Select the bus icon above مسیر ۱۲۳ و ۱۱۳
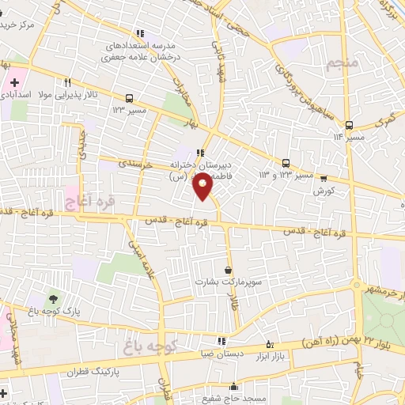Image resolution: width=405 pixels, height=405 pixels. coord(286,164)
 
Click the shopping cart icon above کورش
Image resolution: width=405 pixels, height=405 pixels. coord(323,180)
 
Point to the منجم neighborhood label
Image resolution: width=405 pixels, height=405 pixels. coord(342,64)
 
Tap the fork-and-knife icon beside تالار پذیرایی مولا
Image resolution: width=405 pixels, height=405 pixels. coord(68,81)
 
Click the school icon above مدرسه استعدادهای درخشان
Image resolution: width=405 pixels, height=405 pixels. coord(140,34)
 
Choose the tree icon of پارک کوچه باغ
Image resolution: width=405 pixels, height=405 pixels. coord(52,298)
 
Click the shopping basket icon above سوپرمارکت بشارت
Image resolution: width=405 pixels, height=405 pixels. coord(228,271)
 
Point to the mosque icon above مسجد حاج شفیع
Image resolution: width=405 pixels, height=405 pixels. coord(233,387)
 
